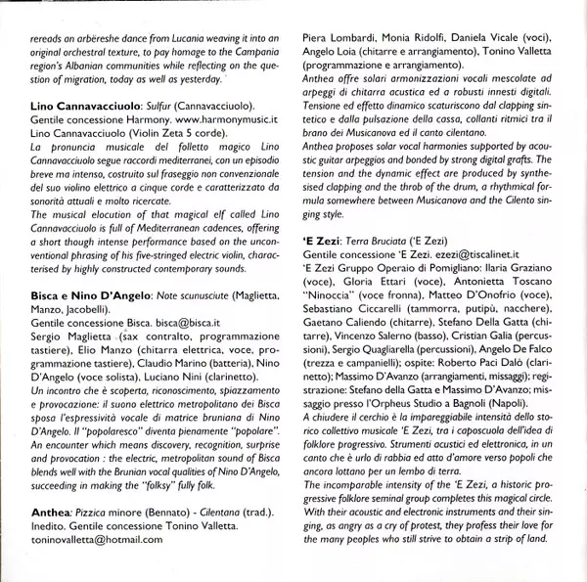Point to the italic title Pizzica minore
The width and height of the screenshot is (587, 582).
[x=100, y=513]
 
